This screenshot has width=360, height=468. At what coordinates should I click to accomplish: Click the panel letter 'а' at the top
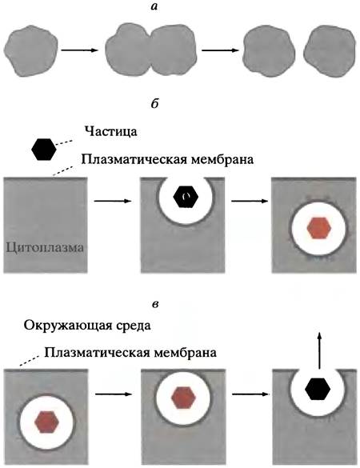pyautogui.click(x=154, y=7)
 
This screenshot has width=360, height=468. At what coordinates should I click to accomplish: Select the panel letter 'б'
pyautogui.click(x=154, y=104)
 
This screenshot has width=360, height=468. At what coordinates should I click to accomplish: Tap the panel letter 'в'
pyautogui.click(x=155, y=305)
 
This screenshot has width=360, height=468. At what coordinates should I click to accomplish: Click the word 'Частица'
pyautogui.click(x=110, y=132)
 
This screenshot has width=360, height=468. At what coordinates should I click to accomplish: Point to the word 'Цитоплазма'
pyautogui.click(x=45, y=247)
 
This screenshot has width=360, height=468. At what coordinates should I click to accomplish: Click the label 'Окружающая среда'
pyautogui.click(x=87, y=326)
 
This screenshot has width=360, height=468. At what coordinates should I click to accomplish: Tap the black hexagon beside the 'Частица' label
pyautogui.click(x=44, y=150)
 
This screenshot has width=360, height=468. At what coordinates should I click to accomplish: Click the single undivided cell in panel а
pyautogui.click(x=30, y=51)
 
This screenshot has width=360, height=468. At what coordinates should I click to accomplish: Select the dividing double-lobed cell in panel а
pyautogui.click(x=152, y=50)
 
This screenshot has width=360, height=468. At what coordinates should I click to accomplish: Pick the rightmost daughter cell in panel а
pyautogui.click(x=330, y=51)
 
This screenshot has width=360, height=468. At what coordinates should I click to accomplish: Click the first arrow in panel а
pyautogui.click(x=80, y=50)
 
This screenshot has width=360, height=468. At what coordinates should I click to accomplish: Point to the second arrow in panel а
pyautogui.click(x=220, y=50)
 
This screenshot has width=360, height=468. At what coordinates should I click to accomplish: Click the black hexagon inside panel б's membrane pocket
pyautogui.click(x=186, y=197)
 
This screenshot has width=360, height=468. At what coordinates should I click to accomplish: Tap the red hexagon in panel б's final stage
pyautogui.click(x=319, y=228)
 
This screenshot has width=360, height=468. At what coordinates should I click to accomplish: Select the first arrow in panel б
pyautogui.click(x=113, y=201)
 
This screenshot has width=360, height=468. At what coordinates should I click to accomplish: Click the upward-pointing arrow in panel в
pyautogui.click(x=319, y=351)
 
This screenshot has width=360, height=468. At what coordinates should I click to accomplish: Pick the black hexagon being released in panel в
pyautogui.click(x=318, y=389)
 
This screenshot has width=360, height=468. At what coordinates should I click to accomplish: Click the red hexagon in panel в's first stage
pyautogui.click(x=47, y=422)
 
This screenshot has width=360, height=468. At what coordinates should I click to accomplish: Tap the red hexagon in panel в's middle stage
pyautogui.click(x=183, y=398)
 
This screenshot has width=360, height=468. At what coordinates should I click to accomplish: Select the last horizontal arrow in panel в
pyautogui.click(x=250, y=394)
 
